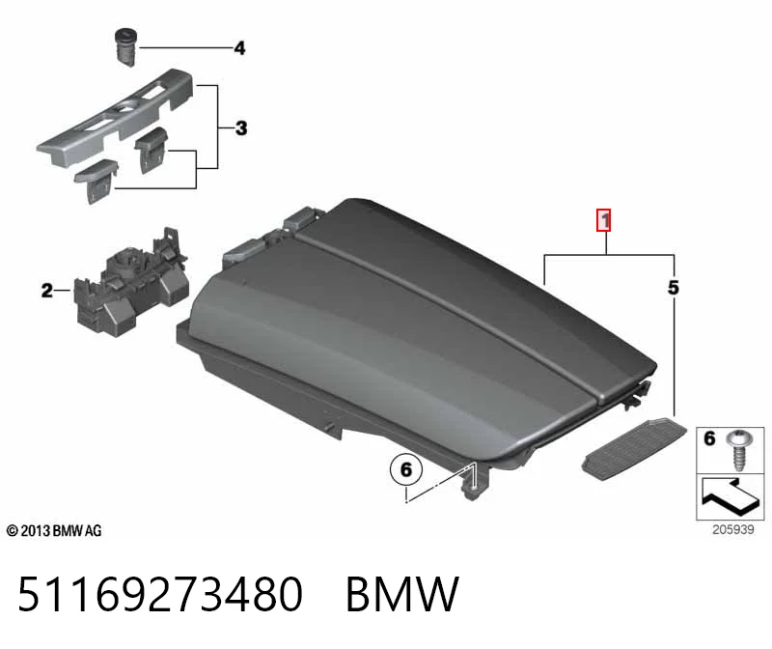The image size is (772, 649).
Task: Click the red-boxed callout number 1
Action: pyautogui.click(x=604, y=220)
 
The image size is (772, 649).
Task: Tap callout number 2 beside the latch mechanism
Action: pyautogui.click(x=46, y=291)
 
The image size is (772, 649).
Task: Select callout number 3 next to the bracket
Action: pyautogui.click(x=240, y=128)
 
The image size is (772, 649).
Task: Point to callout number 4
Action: pyautogui.click(x=239, y=47)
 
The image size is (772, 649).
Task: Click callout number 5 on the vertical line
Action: pyautogui.click(x=673, y=287)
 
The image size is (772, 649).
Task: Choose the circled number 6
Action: pyautogui.click(x=405, y=469)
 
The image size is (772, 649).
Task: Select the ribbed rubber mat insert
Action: pyautogui.click(x=634, y=449)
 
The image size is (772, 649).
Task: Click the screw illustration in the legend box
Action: pyautogui.click(x=739, y=449)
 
